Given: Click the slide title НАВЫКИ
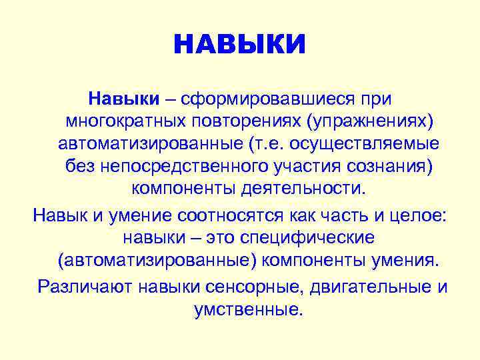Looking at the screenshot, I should [240, 45].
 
